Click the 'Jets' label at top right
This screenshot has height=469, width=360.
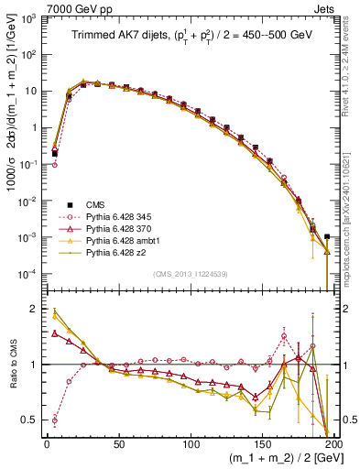(x=324, y=8)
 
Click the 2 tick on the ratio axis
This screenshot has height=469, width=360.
(x=35, y=310)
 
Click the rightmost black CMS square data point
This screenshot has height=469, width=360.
(x=327, y=237)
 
